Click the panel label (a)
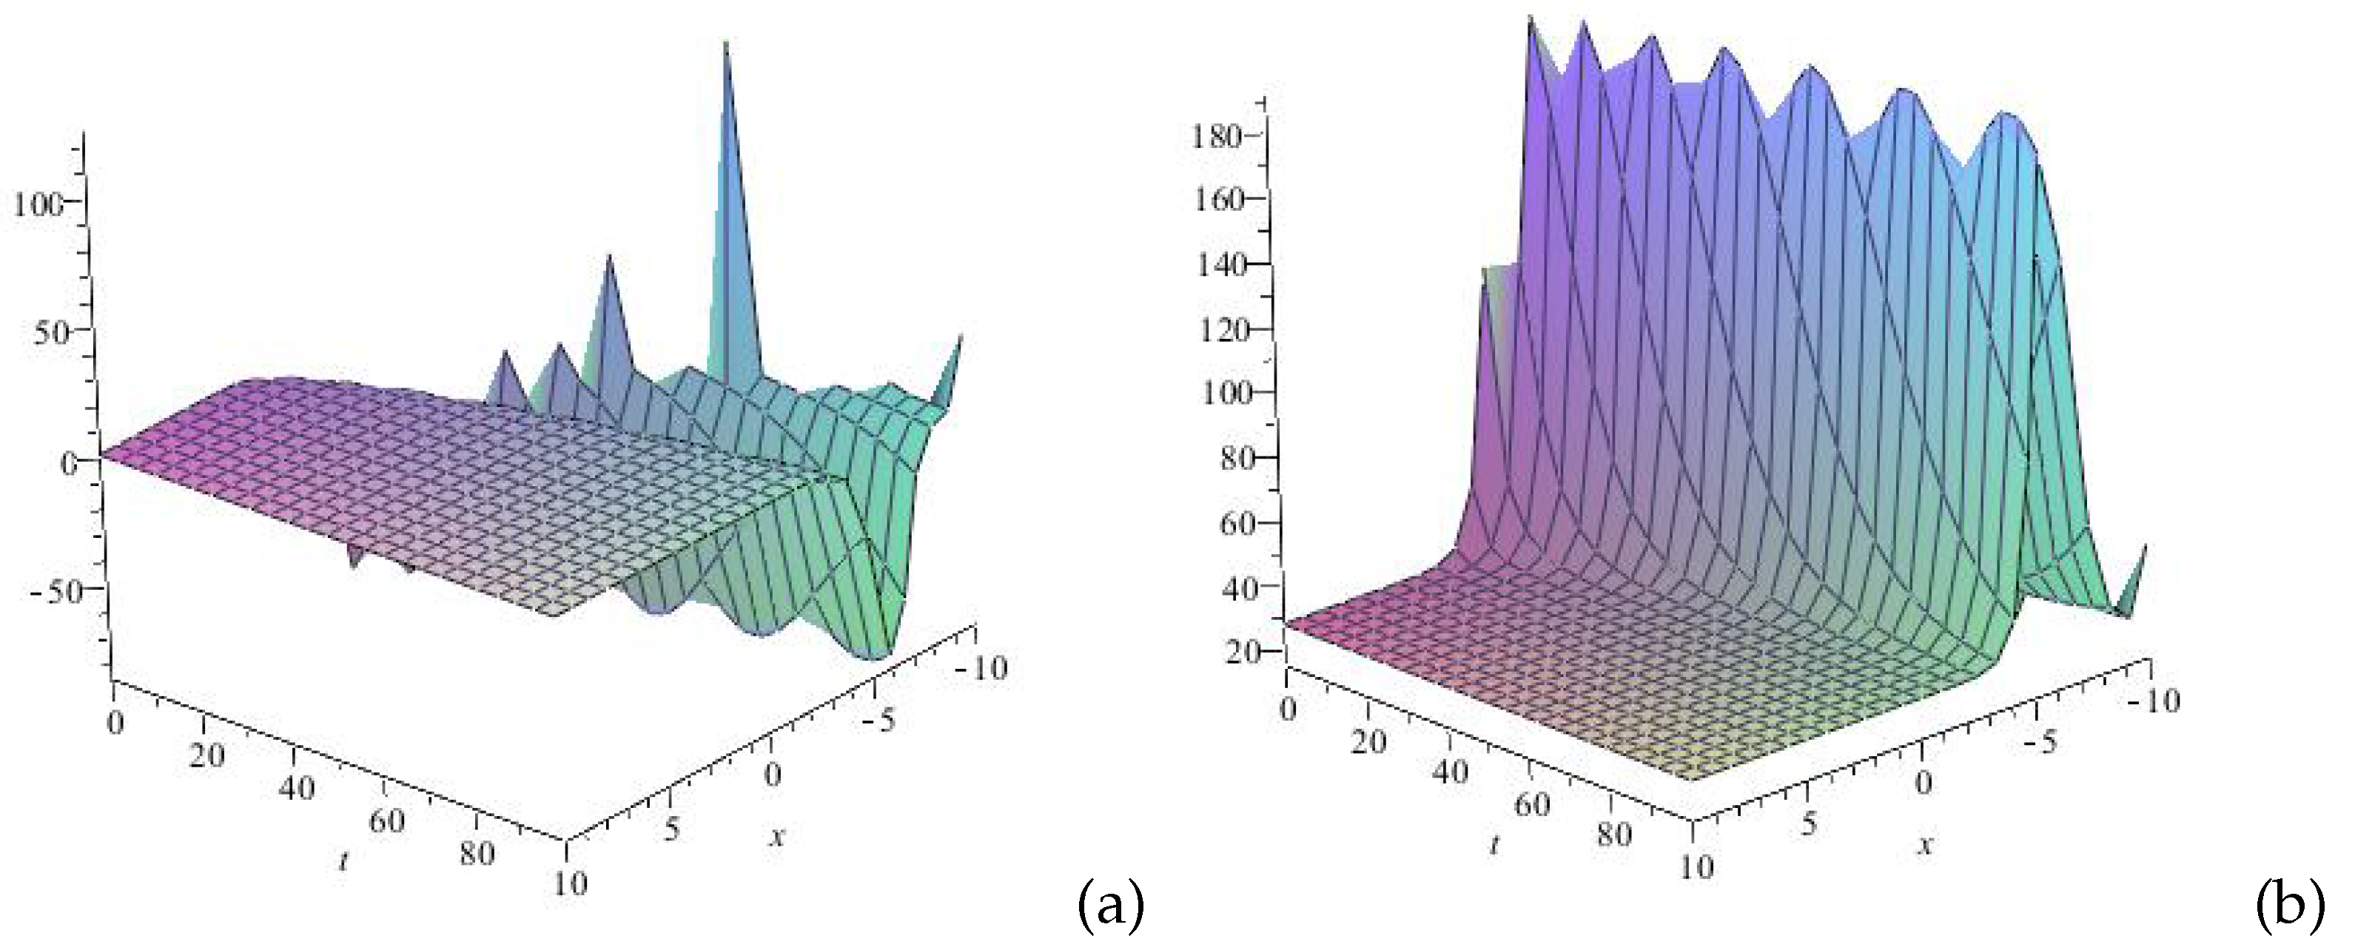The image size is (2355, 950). click(1111, 908)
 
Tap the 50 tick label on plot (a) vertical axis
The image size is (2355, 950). click(51, 333)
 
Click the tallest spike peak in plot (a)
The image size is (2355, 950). click(726, 46)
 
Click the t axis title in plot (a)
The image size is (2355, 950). click(343, 861)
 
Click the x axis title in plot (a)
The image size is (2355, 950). click(777, 834)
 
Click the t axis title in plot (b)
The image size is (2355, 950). click(1494, 845)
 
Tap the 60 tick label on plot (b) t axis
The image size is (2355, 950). click(1532, 805)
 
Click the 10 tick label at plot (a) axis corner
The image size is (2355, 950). click(570, 883)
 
